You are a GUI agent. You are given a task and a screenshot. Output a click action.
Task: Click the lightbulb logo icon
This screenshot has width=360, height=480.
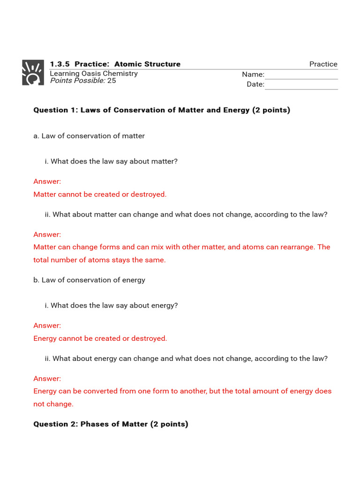pos(33,73)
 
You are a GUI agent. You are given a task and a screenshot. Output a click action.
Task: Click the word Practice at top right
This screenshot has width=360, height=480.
pos(323,64)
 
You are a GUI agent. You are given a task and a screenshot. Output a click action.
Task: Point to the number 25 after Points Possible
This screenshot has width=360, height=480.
pos(112,81)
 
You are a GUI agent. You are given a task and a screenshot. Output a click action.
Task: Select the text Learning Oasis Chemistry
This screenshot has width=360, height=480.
pos(94,73)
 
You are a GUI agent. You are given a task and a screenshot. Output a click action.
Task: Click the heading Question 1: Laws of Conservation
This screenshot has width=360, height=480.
pos(162,110)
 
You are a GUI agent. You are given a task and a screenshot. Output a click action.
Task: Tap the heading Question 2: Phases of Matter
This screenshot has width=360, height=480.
pos(111,424)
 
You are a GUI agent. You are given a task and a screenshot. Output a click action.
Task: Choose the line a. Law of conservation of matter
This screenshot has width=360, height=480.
pos(89,136)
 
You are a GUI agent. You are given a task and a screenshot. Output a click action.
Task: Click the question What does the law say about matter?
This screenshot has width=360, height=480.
pos(114,161)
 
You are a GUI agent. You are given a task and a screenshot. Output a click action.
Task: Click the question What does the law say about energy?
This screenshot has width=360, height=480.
pos(114,305)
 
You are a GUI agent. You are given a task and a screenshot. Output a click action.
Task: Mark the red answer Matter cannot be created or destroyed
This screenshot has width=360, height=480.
pos(100,194)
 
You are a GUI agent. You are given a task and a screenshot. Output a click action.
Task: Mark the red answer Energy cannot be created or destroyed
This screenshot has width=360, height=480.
pos(100,338)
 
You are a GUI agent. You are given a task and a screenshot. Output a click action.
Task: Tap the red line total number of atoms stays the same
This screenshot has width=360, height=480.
pos(99,260)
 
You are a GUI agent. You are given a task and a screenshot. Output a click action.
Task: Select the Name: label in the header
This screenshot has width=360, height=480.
pos(253,75)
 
